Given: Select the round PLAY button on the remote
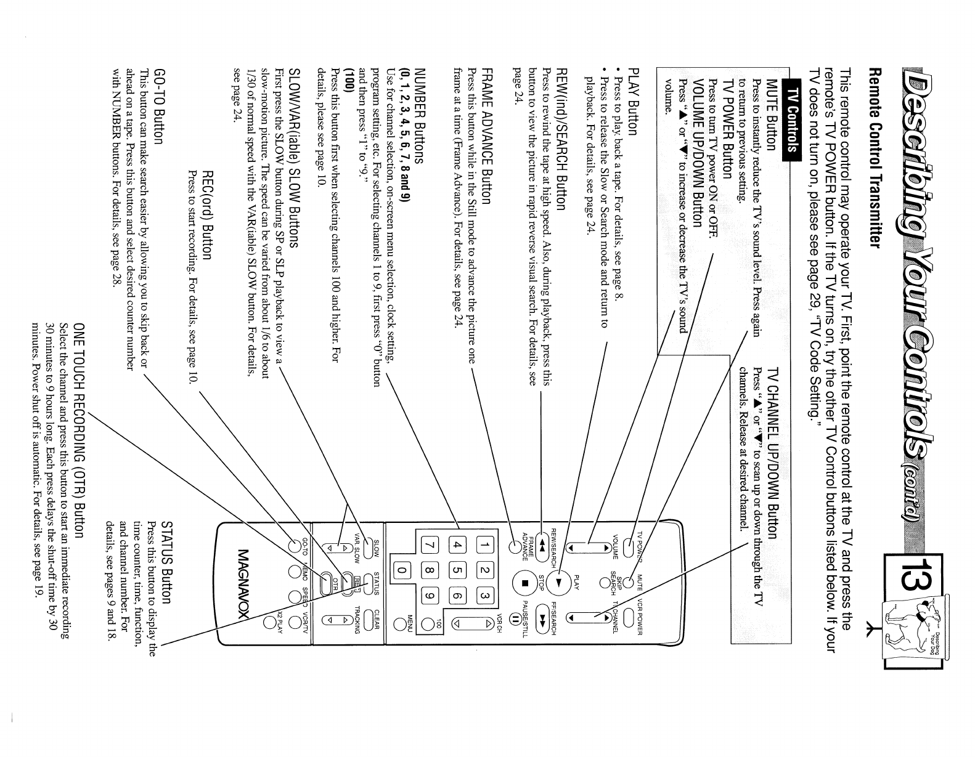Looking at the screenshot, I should coord(559,581).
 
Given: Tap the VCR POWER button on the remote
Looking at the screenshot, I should coord(627,617).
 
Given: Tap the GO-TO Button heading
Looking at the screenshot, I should coord(159,105).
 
